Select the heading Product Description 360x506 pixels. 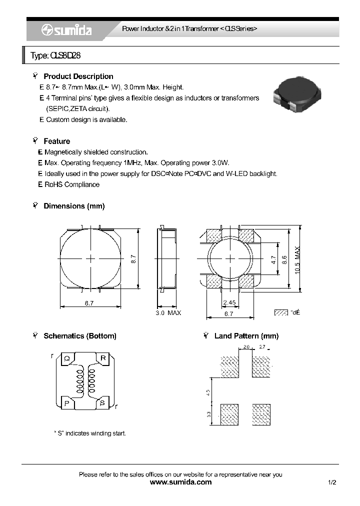78,76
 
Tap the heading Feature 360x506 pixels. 56,141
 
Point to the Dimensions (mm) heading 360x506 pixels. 74,206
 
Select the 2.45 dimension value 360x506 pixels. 229,303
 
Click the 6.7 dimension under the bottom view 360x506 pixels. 229,314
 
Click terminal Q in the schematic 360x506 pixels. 66,357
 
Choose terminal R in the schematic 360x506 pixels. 103,357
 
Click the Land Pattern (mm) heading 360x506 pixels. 246,336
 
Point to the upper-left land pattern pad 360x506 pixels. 230,366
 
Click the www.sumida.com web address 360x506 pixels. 180,482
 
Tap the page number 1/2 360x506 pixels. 332,482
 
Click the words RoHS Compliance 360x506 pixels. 72,184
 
